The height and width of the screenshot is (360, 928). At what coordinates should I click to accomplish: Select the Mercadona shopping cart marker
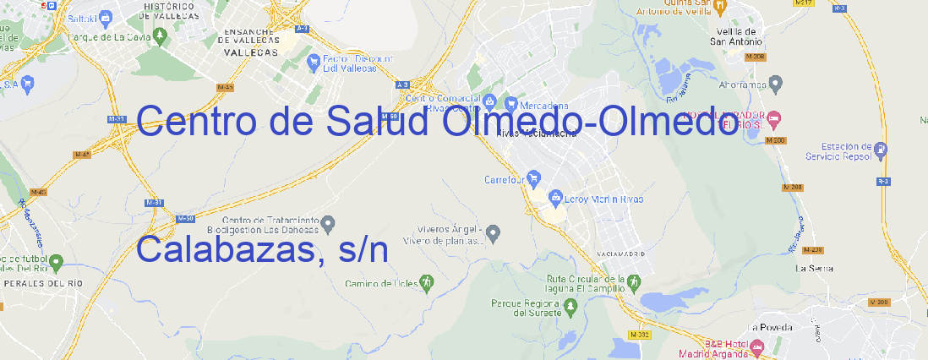(511, 104)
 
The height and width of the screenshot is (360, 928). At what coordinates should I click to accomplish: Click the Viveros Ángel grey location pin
(495, 232)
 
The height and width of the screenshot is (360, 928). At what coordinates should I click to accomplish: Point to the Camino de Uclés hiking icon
(428, 281)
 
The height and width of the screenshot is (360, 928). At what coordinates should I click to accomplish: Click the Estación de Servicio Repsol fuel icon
(882, 150)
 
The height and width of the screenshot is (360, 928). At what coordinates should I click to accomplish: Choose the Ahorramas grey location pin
(777, 83)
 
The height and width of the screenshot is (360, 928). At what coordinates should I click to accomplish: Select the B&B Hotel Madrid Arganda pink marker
(757, 346)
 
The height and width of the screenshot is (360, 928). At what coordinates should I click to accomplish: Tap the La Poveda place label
(770, 327)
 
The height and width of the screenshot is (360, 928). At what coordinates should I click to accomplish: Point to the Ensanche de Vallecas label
(249, 39)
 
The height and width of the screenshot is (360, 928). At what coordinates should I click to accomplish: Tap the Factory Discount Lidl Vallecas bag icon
(314, 60)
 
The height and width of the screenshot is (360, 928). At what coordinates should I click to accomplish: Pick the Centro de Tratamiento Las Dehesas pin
(329, 224)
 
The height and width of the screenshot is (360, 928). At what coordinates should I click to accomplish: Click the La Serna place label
(815, 268)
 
